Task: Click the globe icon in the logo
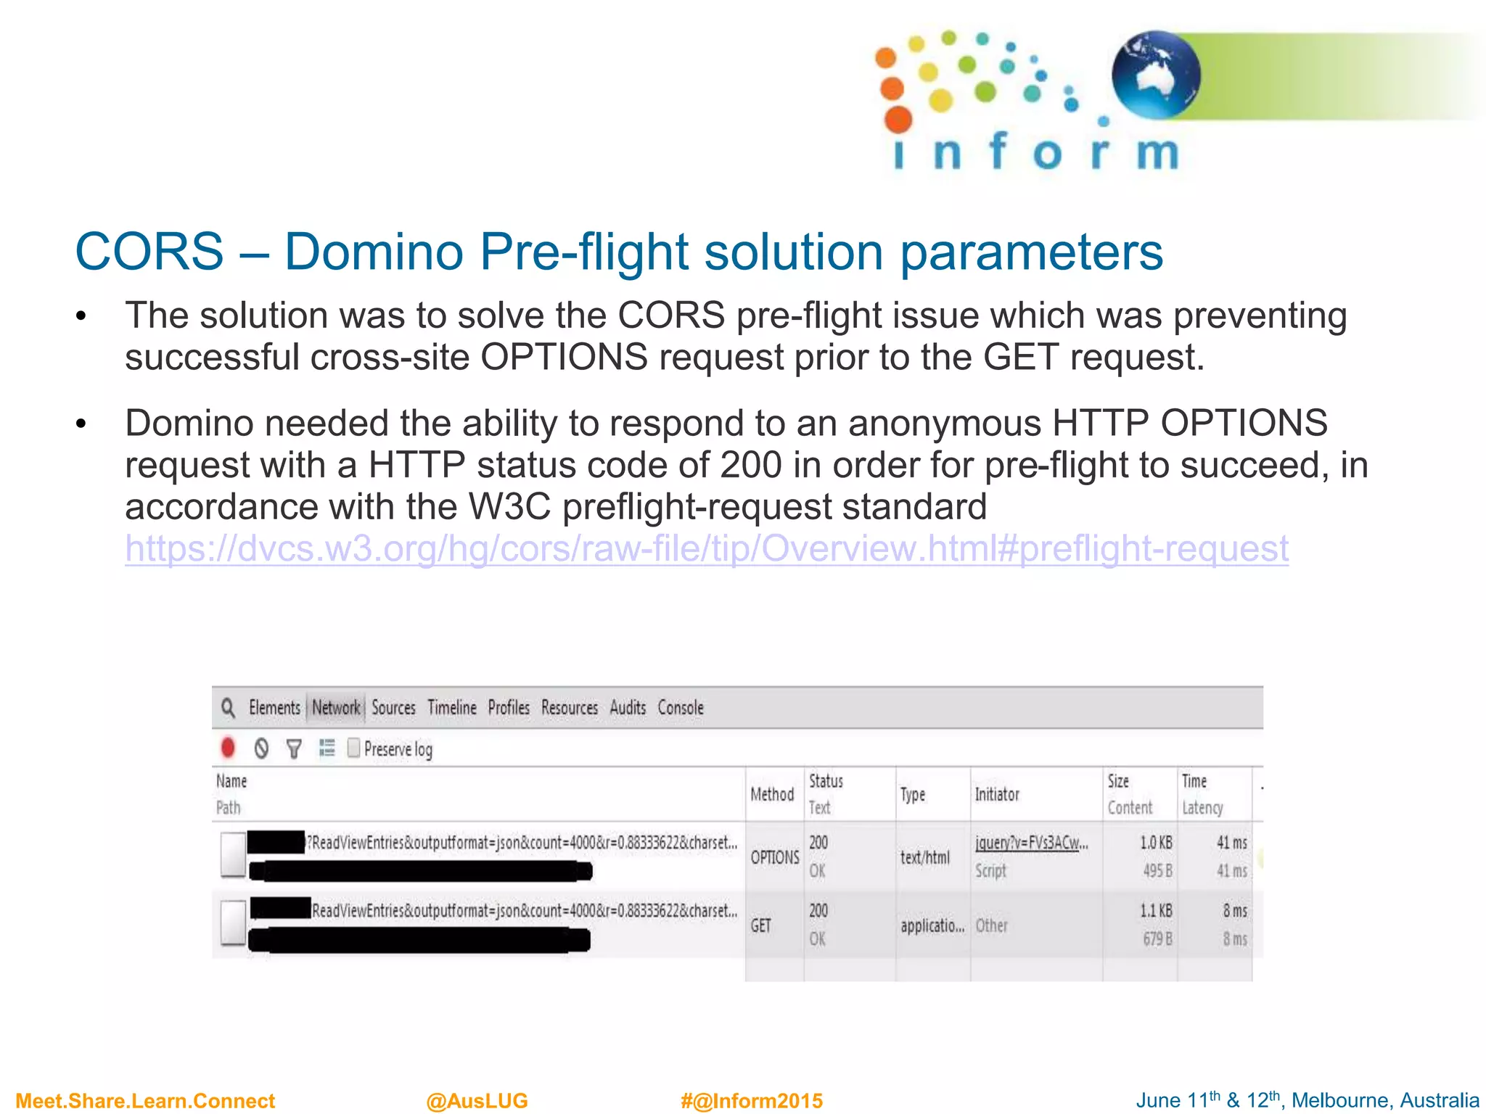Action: pos(1156,75)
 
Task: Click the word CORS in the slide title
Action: pos(149,252)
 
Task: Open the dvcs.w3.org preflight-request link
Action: pos(706,548)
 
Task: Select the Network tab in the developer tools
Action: pos(336,708)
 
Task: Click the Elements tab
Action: pos(274,708)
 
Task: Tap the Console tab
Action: pos(681,708)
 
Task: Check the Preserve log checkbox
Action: pos(354,748)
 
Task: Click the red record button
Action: pos(228,748)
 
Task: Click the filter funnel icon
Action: pos(294,748)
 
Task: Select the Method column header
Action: pos(772,794)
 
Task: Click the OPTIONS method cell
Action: pos(774,857)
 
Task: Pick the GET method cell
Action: pos(760,925)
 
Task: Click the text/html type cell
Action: pos(924,857)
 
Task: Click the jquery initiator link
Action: pos(1031,843)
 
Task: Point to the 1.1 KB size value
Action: pos(1156,911)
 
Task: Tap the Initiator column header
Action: pos(997,794)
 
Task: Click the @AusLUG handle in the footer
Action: pos(477,1101)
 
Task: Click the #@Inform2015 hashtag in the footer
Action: pos(752,1101)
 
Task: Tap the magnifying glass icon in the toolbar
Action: pos(229,708)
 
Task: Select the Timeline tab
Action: pos(451,708)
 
